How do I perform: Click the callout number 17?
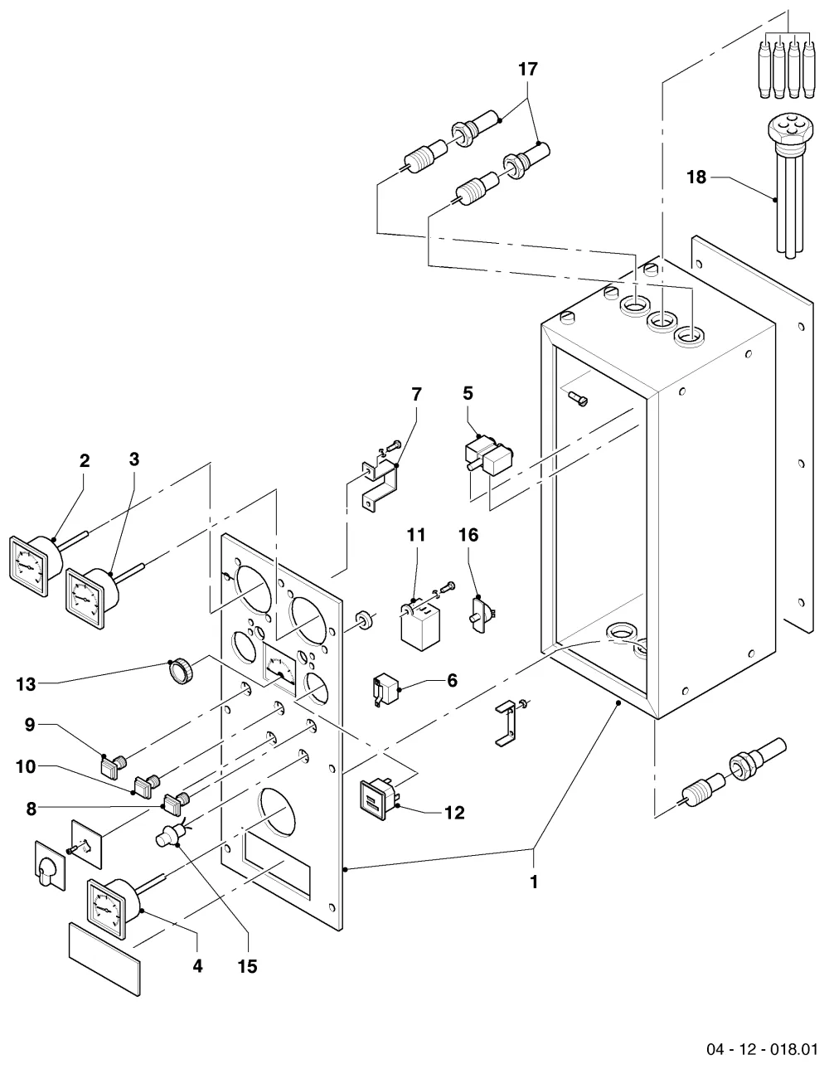[528, 70]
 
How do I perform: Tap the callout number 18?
[696, 177]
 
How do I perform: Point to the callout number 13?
[26, 684]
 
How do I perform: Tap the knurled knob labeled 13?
[181, 672]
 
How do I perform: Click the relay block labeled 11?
[420, 627]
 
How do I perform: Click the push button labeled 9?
[113, 765]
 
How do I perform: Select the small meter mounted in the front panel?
[280, 669]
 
